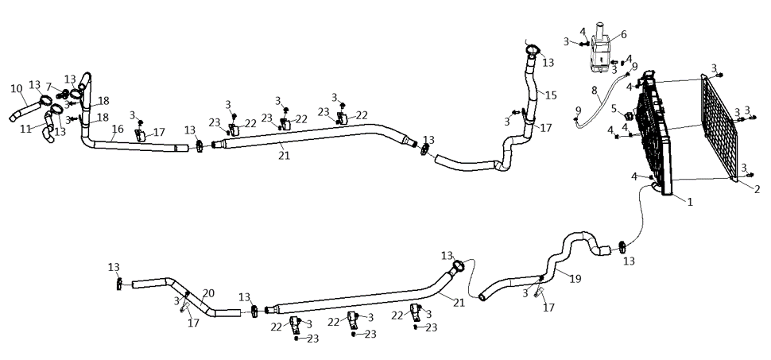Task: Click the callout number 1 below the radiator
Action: tap(690, 201)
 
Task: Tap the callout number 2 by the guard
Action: tap(757, 189)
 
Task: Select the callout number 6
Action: tap(623, 34)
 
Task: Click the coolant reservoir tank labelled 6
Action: tap(599, 49)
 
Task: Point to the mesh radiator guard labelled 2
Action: tap(719, 128)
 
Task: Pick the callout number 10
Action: tap(17, 89)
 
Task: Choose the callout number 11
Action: tap(25, 129)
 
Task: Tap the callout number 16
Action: tap(118, 129)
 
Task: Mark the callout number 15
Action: tap(551, 95)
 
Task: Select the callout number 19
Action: tap(575, 279)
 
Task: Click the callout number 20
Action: tap(208, 293)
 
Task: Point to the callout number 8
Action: tap(595, 91)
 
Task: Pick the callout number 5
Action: tap(614, 108)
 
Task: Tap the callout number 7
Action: tap(48, 87)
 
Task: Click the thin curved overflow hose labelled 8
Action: tap(600, 102)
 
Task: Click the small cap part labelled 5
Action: tap(629, 117)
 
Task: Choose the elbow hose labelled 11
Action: tap(48, 127)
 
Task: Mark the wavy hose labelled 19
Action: tap(551, 265)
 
